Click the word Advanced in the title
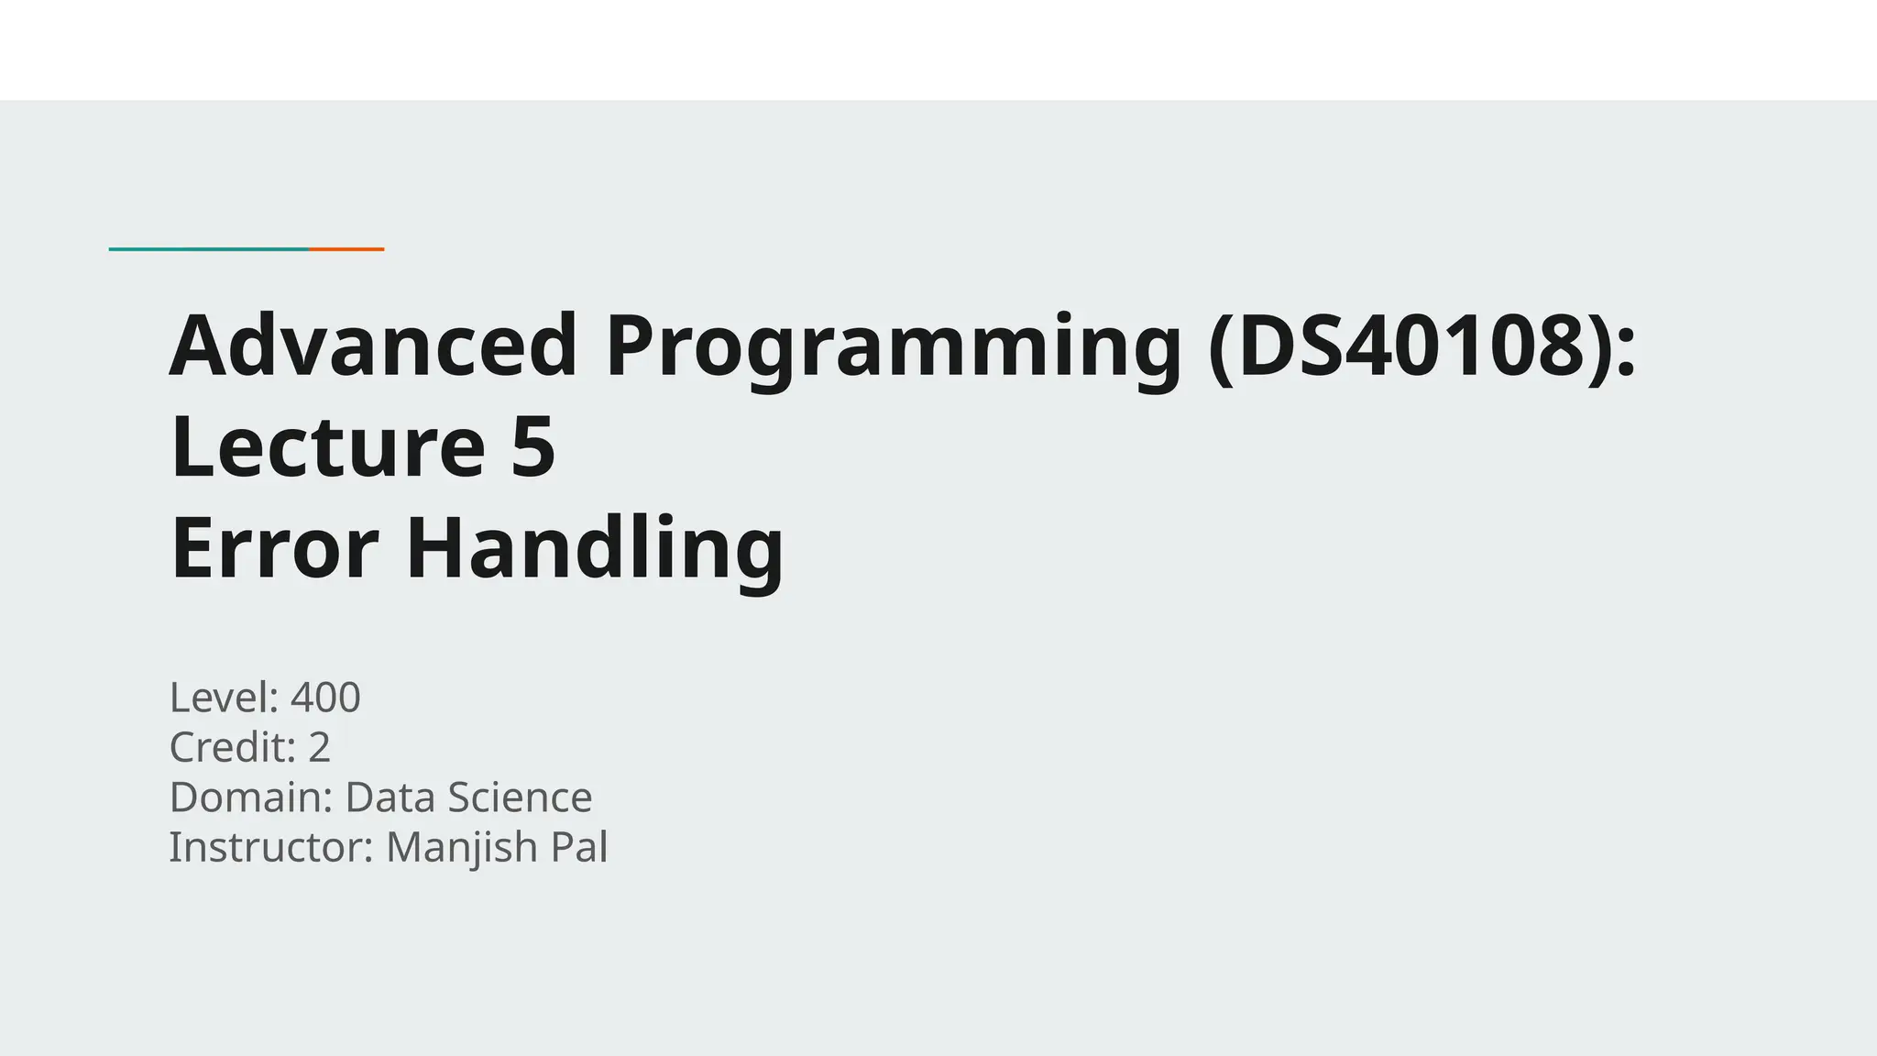374,346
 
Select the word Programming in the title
894,348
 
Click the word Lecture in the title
327,446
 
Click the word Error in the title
274,547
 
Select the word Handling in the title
595,549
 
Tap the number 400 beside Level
325,698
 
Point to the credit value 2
319,747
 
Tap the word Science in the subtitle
518,797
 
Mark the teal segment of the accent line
209,248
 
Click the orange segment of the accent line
346,248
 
